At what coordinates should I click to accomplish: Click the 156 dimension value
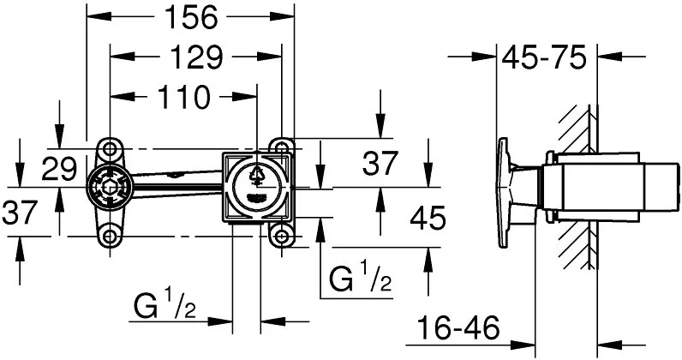click(189, 18)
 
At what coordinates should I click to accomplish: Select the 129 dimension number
click(195, 57)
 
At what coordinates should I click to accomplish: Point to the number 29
click(59, 169)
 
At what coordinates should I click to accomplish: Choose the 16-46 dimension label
click(458, 328)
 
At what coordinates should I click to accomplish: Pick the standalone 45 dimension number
click(428, 218)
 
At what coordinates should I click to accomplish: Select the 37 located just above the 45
click(380, 163)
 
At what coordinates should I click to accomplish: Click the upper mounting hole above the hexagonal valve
click(110, 149)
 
